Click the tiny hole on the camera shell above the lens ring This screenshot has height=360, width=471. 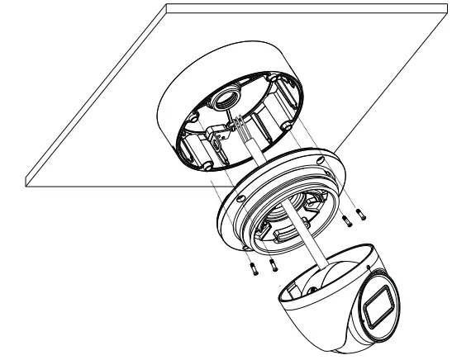point(368,268)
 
